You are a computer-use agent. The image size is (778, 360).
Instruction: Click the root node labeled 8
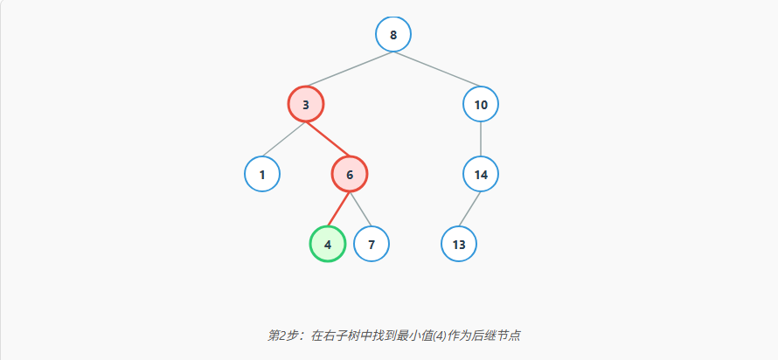pyautogui.click(x=393, y=35)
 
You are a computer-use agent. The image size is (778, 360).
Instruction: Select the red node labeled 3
pyautogui.click(x=306, y=105)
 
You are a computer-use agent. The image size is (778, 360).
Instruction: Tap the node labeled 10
pyautogui.click(x=481, y=105)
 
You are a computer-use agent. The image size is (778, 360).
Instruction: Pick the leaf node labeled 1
pyautogui.click(x=262, y=175)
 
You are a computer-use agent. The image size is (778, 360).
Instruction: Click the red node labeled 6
pyautogui.click(x=350, y=175)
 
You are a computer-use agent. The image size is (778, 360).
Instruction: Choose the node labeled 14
pyautogui.click(x=481, y=175)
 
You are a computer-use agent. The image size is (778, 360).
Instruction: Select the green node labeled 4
pyautogui.click(x=328, y=245)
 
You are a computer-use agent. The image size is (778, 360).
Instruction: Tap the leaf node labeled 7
pyautogui.click(x=372, y=245)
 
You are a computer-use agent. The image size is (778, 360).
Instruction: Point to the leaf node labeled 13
pyautogui.click(x=459, y=245)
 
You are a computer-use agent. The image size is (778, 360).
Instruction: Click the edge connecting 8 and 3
pyautogui.click(x=350, y=70)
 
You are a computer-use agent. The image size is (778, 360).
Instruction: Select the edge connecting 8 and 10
pyautogui.click(x=437, y=70)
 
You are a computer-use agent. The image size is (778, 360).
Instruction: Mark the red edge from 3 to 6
pyautogui.click(x=328, y=140)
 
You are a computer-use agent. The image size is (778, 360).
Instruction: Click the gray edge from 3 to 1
pyautogui.click(x=284, y=140)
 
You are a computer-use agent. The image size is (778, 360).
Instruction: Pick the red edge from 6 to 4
pyautogui.click(x=339, y=210)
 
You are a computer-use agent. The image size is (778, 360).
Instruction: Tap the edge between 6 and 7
pyautogui.click(x=361, y=210)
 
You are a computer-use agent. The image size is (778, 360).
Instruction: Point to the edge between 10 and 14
pyautogui.click(x=481, y=140)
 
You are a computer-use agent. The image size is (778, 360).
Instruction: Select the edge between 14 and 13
pyautogui.click(x=470, y=210)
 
